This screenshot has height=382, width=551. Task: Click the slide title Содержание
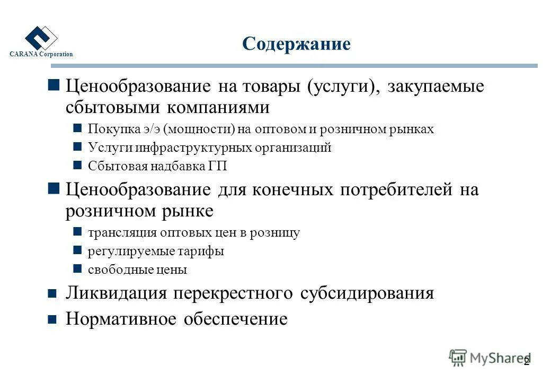296,44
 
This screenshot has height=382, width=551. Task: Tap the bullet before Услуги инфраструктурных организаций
77,147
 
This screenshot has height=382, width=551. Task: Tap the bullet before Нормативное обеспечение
52,319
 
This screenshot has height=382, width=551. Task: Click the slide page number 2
527,361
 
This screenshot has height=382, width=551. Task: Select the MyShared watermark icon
457,358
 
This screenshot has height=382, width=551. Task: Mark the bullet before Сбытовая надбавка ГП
77,166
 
